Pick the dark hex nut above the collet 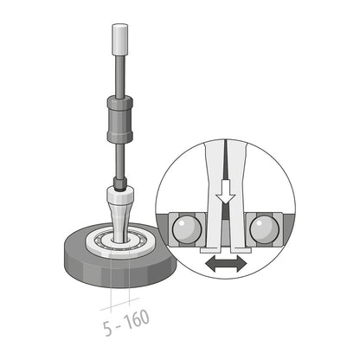pos(119,183)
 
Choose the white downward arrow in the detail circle pos(227,190)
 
